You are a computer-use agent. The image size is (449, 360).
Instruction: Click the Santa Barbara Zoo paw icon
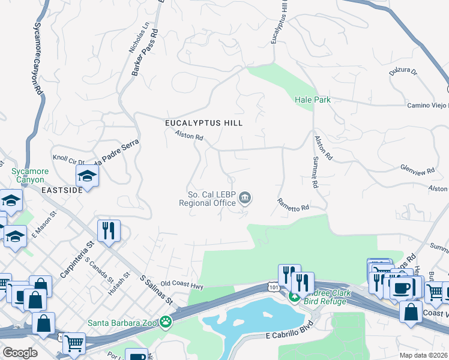(164, 323)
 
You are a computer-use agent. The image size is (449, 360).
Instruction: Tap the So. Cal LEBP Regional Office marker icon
(245, 198)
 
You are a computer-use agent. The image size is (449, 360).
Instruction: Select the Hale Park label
(313, 100)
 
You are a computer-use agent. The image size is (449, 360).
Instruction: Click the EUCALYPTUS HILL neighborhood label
(204, 123)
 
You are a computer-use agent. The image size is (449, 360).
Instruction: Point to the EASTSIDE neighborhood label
(61, 190)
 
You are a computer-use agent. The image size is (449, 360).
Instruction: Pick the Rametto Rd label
(293, 205)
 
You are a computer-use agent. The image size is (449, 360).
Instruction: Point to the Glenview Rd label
(417, 172)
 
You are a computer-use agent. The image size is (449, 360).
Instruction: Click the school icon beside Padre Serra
(87, 176)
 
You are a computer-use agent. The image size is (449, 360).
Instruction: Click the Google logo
(20, 352)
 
